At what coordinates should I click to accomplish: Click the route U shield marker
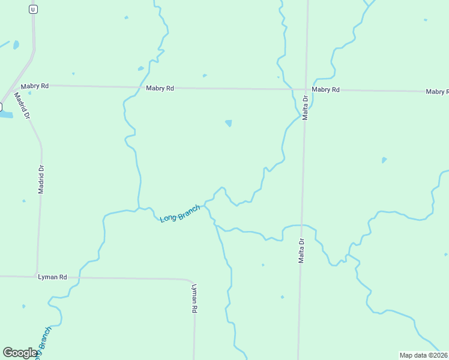pos(32,9)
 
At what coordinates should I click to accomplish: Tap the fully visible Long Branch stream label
pos(180,213)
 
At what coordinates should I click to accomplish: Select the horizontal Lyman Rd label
pos(52,277)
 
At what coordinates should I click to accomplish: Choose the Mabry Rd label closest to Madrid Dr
pos(34,86)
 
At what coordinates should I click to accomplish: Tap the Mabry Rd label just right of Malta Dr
pos(326,89)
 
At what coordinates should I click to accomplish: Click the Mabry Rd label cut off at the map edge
pos(437,92)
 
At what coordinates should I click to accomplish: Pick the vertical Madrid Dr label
pos(41,178)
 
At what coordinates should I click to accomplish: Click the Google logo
pos(20,353)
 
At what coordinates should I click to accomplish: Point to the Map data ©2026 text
pos(424,355)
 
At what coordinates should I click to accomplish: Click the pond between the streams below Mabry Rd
pos(229,124)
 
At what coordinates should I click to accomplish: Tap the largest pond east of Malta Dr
pos(384,160)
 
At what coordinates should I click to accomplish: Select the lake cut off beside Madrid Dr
pos(5,113)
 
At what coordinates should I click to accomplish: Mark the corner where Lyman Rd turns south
pos(191,281)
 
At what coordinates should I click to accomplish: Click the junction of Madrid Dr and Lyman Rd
pos(37,276)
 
